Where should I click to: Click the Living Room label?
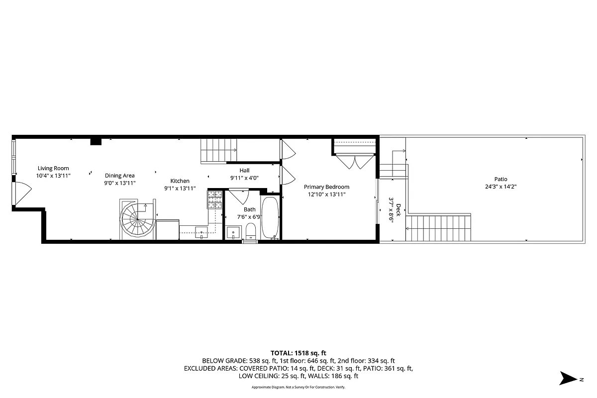pyautogui.click(x=53, y=168)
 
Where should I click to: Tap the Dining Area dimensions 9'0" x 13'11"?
pyautogui.click(x=119, y=183)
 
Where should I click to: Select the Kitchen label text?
pyautogui.click(x=180, y=181)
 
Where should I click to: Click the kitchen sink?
pyautogui.click(x=201, y=230)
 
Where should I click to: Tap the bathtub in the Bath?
pyautogui.click(x=271, y=218)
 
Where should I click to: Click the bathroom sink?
pyautogui.click(x=233, y=232)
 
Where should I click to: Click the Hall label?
pyautogui.click(x=244, y=171)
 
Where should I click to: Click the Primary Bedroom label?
pyautogui.click(x=326, y=187)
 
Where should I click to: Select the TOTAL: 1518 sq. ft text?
pyautogui.click(x=298, y=353)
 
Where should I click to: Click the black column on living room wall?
pyautogui.click(x=96, y=142)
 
